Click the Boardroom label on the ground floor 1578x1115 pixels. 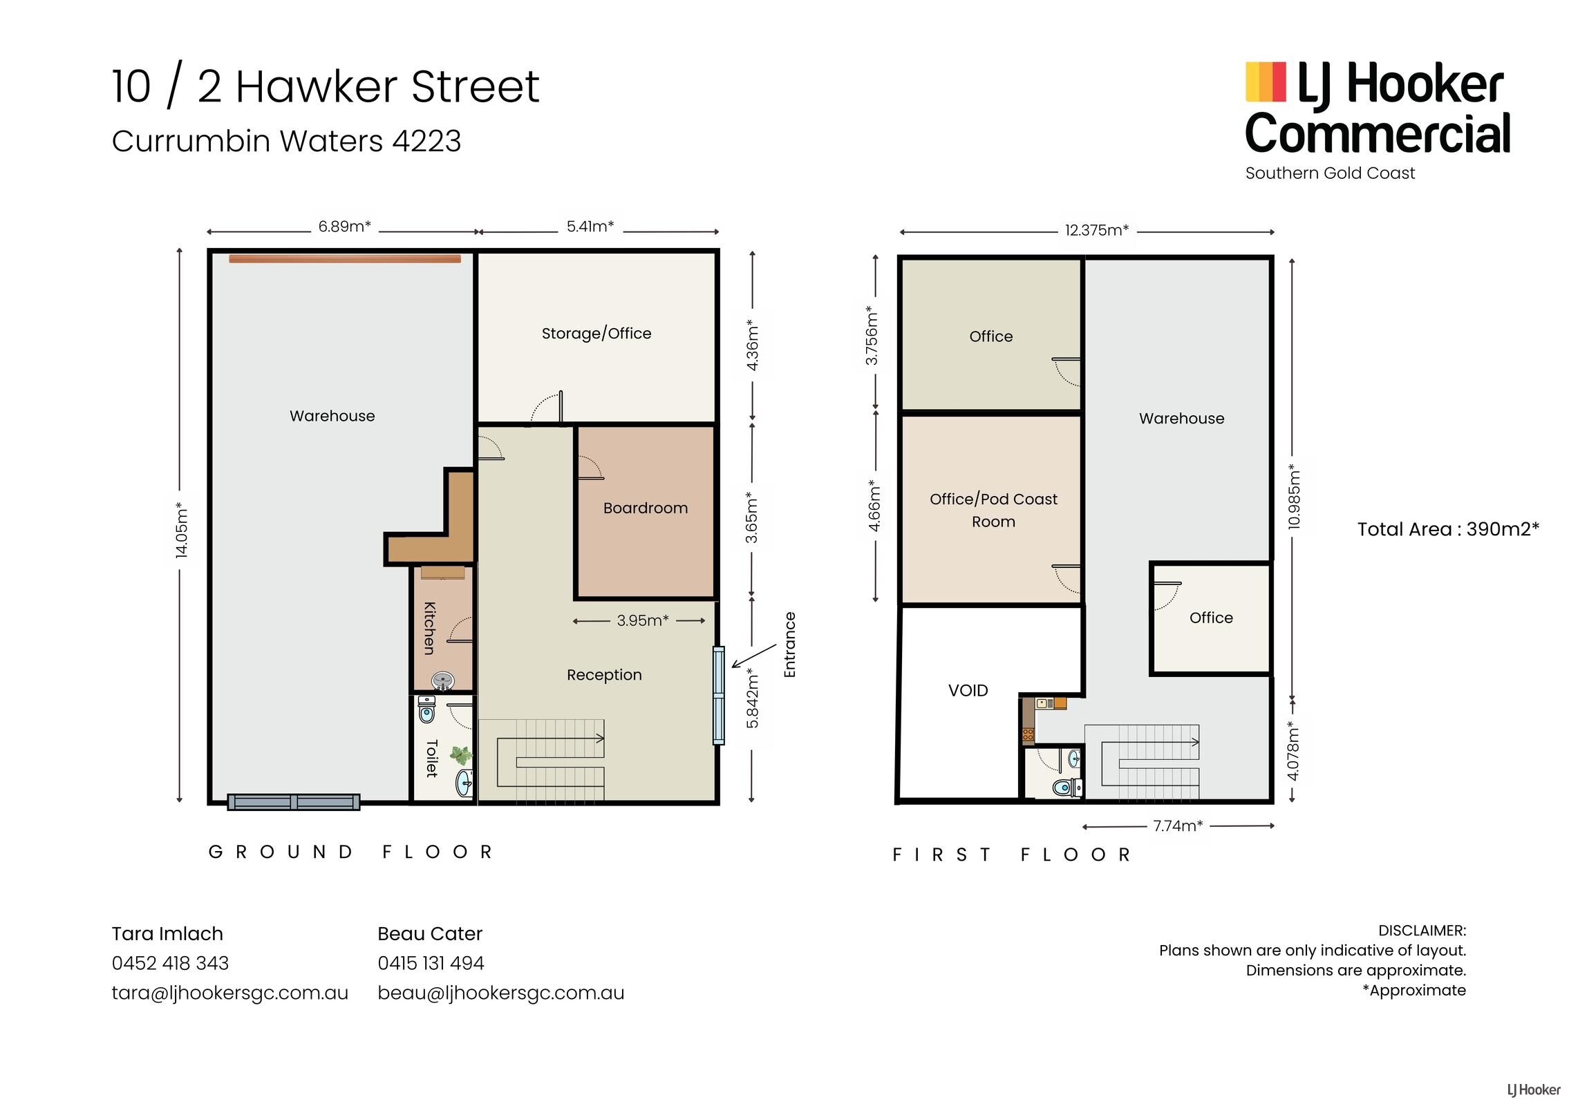point(646,508)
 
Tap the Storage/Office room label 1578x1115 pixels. point(597,334)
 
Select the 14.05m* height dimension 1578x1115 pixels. point(181,531)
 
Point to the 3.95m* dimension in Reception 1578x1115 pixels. point(643,620)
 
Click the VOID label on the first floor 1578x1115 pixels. point(968,690)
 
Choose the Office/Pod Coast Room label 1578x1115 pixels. point(993,510)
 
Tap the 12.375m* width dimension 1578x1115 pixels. point(1096,230)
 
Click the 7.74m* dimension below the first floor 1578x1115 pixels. point(1178,826)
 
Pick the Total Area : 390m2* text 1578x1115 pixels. point(1448,529)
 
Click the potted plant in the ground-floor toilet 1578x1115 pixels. point(461,754)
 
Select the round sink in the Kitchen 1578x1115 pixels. point(442,680)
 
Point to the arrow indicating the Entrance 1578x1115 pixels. point(754,656)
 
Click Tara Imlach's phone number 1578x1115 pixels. point(170,963)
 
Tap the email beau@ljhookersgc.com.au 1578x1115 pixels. point(500,993)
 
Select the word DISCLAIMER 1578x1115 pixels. point(1422,931)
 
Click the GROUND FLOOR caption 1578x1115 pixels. point(350,852)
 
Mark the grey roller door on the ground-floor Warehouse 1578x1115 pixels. point(294,802)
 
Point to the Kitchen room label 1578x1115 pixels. point(429,628)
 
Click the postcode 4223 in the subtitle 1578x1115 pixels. point(426,141)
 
